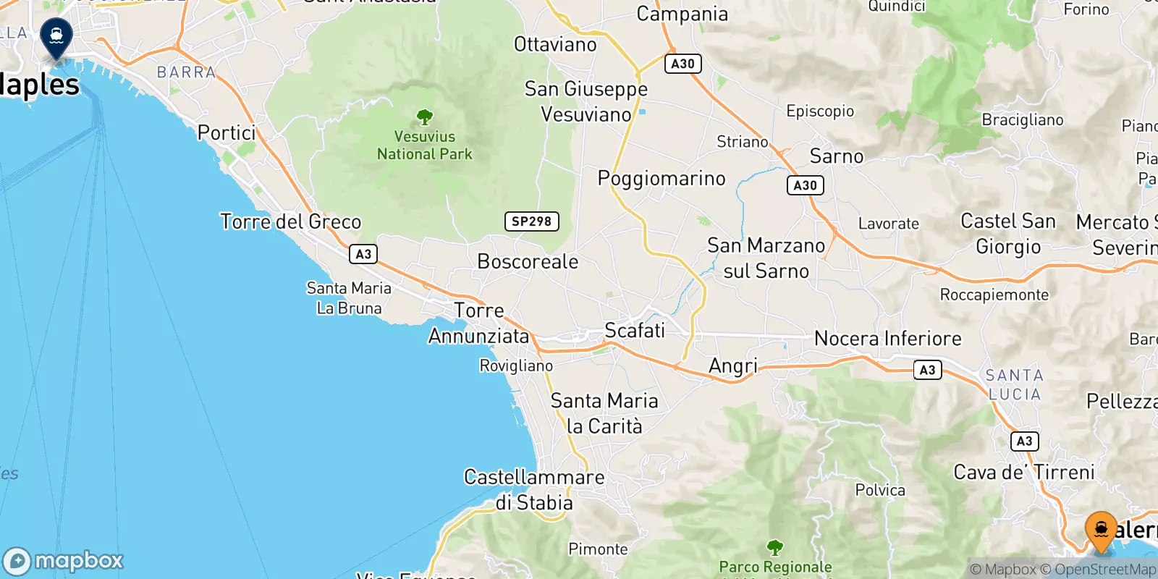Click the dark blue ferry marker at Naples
tap(56, 36)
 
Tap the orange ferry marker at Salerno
tap(1101, 531)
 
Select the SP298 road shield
tap(531, 221)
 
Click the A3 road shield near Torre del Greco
tap(363, 254)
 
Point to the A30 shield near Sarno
tap(805, 185)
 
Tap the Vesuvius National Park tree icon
tap(425, 117)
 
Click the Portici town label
tap(227, 133)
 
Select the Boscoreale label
tap(528, 261)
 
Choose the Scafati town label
tap(634, 331)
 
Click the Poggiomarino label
tap(661, 179)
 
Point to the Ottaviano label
tap(555, 45)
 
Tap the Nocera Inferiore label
tap(887, 339)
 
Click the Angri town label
tap(732, 366)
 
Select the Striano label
tap(742, 142)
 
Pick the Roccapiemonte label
tap(994, 295)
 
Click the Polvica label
tap(880, 491)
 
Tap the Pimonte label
tap(598, 549)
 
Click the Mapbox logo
tap(64, 561)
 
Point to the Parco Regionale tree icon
tap(774, 546)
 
